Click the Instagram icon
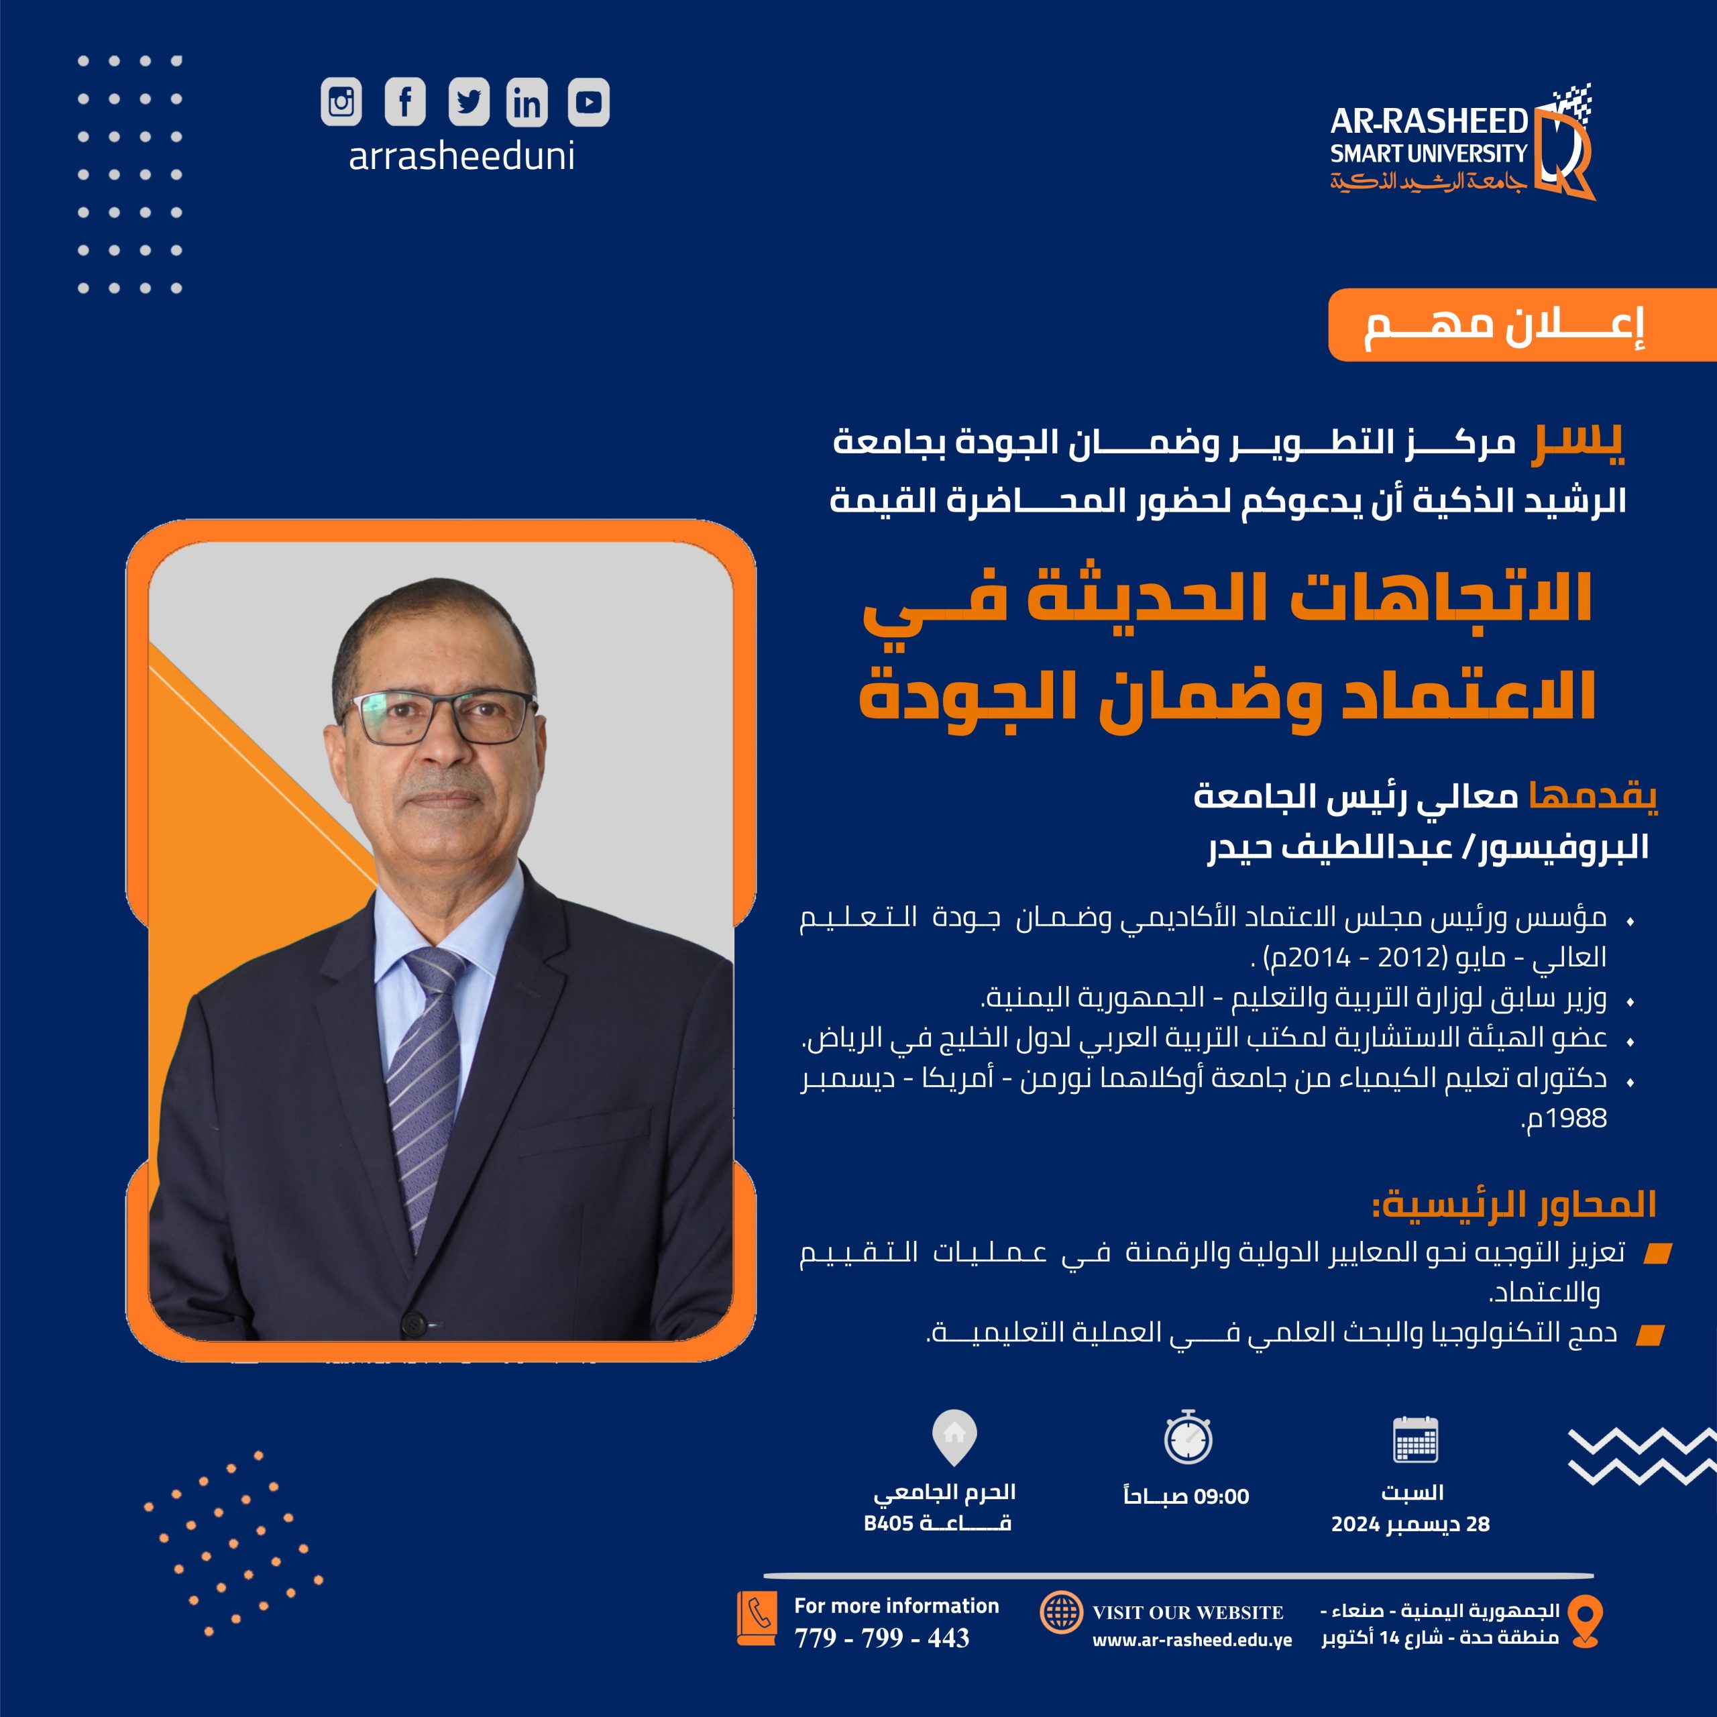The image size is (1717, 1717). point(341,101)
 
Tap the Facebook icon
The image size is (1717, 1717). point(404,101)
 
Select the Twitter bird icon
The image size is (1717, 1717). point(468,101)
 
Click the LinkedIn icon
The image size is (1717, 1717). point(526,102)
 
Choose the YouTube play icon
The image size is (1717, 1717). point(588,101)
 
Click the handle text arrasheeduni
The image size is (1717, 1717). point(461,156)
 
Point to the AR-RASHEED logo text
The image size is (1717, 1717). point(1428,122)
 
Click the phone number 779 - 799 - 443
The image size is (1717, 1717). point(881,1637)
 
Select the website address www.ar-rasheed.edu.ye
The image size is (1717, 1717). point(1192,1640)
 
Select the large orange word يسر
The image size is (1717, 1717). point(1577,442)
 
